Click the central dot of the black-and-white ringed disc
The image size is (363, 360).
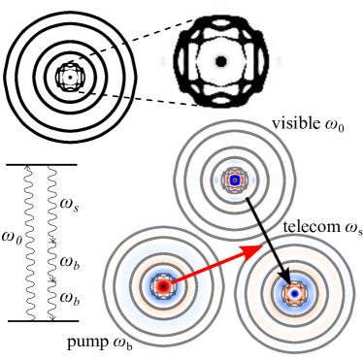coord(69,75)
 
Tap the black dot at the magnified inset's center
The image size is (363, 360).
coord(220,62)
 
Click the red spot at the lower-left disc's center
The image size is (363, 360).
coord(163,286)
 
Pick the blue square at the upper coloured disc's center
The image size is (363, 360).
coord(234,180)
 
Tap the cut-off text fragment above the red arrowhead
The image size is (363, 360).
coord(295,229)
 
